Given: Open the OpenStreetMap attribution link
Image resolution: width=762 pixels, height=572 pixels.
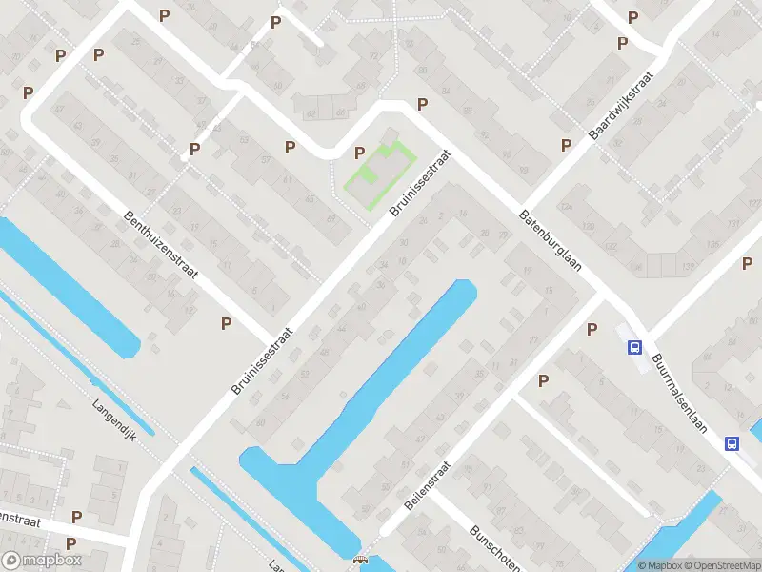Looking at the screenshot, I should pyautogui.click(x=722, y=565).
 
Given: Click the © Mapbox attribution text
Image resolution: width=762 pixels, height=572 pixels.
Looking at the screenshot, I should pyautogui.click(x=658, y=565).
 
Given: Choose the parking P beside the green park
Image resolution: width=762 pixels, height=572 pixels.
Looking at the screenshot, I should pyautogui.click(x=359, y=153).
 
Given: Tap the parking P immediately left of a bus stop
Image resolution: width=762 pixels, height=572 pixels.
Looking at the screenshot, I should pyautogui.click(x=592, y=330).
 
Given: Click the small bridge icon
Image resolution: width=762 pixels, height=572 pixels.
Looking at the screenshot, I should pyautogui.click(x=359, y=562).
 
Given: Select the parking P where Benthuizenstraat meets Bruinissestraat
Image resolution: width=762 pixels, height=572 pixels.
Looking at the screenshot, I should pyautogui.click(x=226, y=323).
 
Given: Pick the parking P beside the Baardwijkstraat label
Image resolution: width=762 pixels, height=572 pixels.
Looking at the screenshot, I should pyautogui.click(x=566, y=145).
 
